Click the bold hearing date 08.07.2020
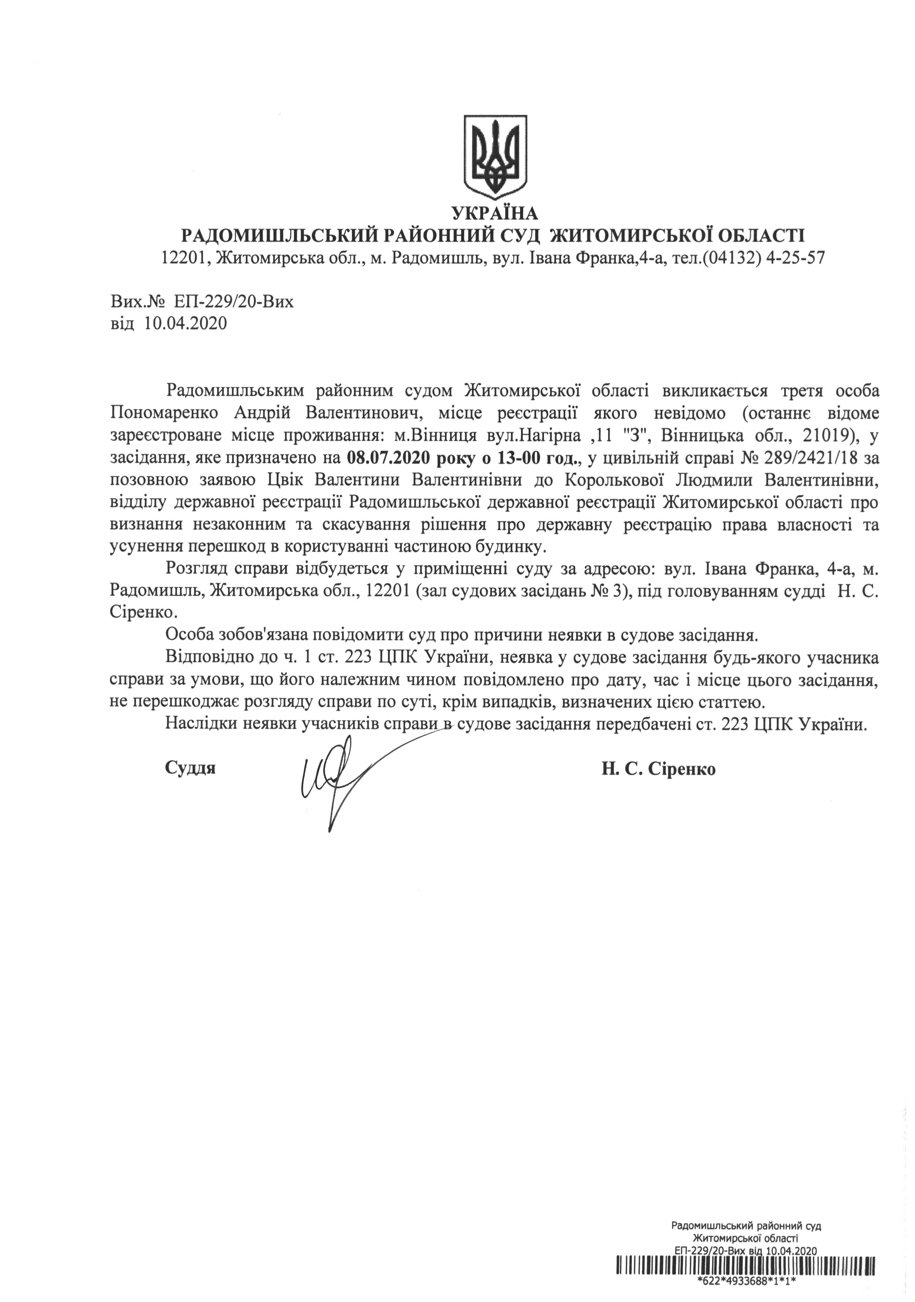(x=384, y=457)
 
